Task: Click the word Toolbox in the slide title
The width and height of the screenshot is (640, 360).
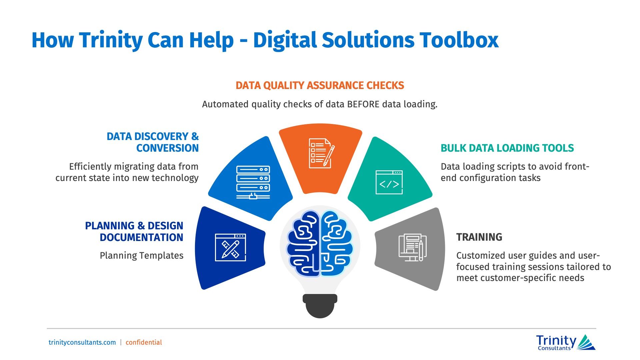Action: pos(459,40)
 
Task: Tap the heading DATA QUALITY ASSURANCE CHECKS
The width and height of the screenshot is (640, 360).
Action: pos(320,86)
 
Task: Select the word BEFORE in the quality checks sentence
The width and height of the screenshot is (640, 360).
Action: pos(363,104)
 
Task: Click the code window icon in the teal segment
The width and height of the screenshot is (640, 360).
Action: pos(389,182)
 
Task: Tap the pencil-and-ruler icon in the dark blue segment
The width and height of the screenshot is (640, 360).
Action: pos(230,247)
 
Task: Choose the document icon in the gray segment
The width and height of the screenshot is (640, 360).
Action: pos(413,247)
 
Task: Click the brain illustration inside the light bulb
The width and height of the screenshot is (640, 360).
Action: pos(320,243)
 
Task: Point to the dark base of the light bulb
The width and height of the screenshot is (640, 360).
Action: pos(320,306)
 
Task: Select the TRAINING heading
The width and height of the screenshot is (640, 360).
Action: pos(479,237)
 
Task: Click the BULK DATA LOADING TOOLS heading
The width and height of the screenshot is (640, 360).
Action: pos(507,148)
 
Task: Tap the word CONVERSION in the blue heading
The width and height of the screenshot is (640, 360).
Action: pos(167,148)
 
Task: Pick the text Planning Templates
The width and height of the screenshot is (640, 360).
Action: pos(141,256)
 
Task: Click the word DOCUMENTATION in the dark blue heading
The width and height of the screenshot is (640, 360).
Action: pos(141,237)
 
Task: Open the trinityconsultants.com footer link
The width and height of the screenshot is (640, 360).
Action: pos(82,342)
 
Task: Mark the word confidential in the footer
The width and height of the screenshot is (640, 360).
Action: pos(144,342)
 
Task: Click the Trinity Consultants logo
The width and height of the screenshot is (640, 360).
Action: pos(566,342)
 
